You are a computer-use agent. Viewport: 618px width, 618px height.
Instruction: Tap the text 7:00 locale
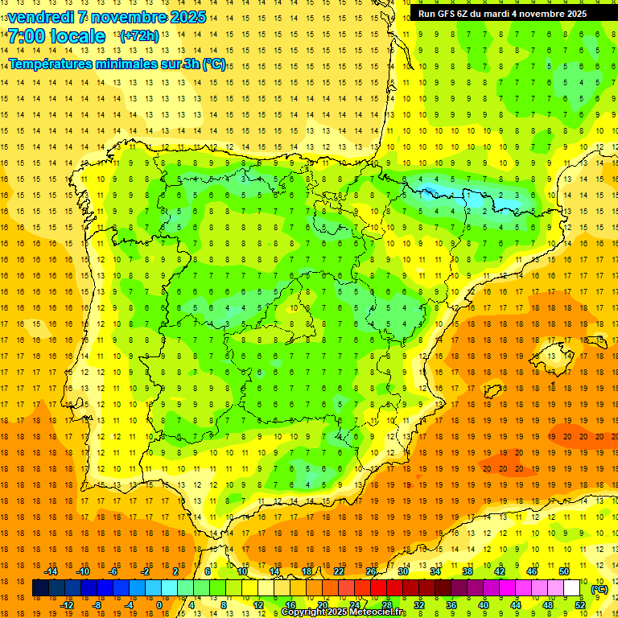[56, 36]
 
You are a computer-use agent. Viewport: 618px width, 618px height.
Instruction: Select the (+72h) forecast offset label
[139, 36]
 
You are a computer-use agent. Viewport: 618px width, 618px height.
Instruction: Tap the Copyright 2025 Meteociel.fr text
[344, 612]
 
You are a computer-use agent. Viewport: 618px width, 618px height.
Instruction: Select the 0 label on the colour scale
[159, 605]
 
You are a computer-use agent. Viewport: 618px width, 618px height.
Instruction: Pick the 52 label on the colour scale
[580, 605]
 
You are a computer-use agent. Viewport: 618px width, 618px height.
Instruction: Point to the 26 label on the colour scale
[371, 571]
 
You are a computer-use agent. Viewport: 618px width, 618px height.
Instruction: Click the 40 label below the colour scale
[484, 605]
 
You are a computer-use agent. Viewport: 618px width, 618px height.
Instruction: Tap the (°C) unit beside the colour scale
[599, 589]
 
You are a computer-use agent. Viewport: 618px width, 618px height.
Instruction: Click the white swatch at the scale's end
[572, 588]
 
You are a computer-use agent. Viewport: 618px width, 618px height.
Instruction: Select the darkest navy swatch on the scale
[40, 588]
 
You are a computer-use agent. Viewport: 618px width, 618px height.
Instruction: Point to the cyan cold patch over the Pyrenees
[439, 192]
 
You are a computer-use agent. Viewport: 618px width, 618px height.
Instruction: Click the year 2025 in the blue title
[189, 17]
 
